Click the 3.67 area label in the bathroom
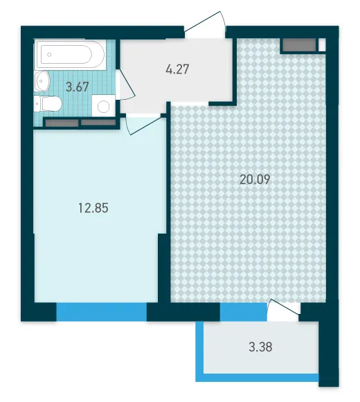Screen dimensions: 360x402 77,87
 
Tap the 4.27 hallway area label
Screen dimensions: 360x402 177,69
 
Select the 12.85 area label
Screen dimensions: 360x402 93,208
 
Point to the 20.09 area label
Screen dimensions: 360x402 255,180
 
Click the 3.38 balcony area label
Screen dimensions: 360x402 260,347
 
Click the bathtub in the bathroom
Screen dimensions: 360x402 71,55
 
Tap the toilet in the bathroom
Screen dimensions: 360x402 48,104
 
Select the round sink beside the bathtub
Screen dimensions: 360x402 42,81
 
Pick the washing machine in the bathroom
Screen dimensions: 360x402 103,105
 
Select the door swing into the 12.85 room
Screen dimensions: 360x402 146,125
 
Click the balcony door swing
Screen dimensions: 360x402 283,310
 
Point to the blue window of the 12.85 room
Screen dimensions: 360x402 101,312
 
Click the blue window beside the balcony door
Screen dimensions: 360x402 244,312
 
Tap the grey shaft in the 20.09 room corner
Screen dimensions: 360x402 299,45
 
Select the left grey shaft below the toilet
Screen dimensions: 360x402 62,123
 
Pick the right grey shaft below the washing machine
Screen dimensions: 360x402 98,122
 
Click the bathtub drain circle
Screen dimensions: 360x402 49,55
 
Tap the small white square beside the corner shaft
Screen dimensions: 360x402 322,45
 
